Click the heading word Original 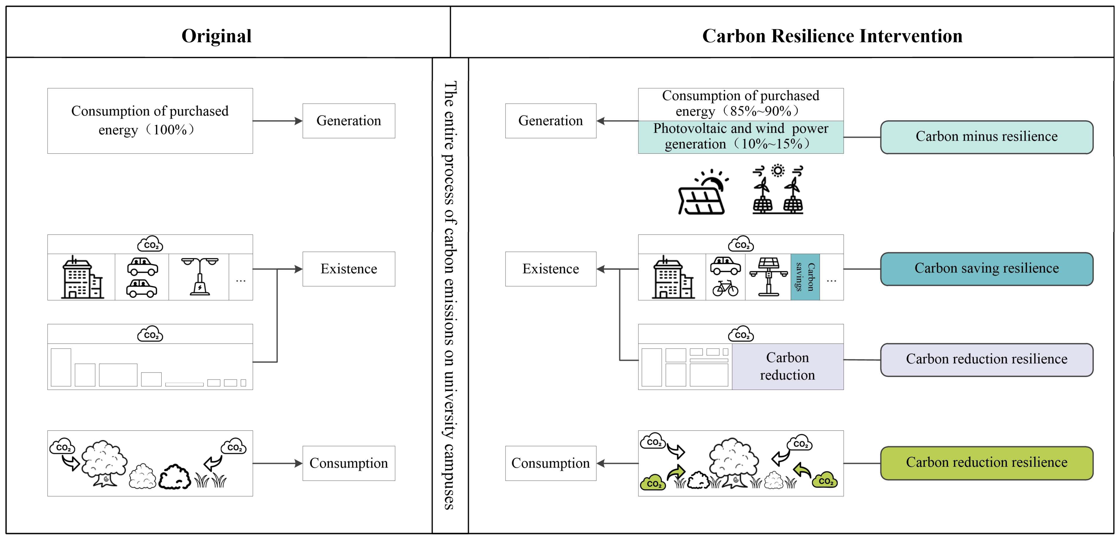click(216, 36)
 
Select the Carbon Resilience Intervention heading click(832, 36)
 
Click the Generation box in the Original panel click(349, 121)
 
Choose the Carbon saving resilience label click(986, 269)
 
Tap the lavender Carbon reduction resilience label click(986, 359)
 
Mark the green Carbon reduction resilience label click(986, 463)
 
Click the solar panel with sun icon click(703, 192)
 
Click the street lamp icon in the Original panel click(200, 277)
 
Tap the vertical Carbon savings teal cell click(805, 277)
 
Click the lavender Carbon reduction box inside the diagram click(787, 366)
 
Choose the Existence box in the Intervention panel click(550, 269)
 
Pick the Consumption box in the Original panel click(349, 463)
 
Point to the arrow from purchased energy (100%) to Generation click(277, 121)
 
